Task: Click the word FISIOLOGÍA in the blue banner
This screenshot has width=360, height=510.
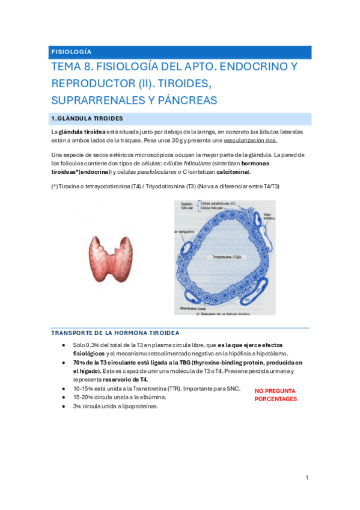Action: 72,52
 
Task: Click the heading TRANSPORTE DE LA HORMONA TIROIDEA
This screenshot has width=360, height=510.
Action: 115,333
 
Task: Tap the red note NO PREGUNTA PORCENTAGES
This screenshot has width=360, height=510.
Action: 276,395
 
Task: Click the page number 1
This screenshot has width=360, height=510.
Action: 307,478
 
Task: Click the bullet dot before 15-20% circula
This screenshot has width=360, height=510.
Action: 64,398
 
